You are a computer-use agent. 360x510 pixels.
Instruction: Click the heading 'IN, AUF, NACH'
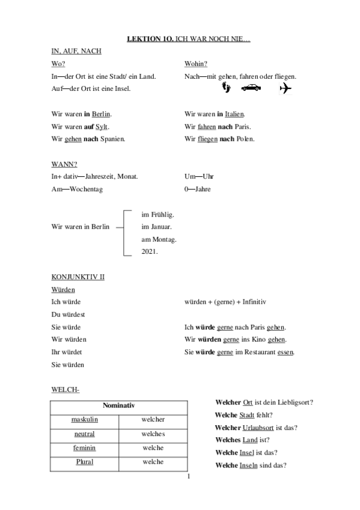[x=76, y=52]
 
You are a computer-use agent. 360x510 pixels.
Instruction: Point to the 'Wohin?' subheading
[x=195, y=64]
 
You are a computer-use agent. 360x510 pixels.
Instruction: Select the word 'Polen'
[x=245, y=139]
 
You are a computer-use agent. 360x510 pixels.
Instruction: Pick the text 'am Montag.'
[x=159, y=239]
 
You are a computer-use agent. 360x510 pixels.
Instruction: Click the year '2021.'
[x=149, y=252]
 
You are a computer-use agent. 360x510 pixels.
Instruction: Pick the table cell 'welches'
[x=153, y=434]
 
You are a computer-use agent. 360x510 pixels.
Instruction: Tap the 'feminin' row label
[x=85, y=448]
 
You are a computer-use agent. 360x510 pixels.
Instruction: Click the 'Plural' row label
[x=85, y=462]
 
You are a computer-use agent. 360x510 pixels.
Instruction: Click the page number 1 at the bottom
[x=188, y=477]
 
